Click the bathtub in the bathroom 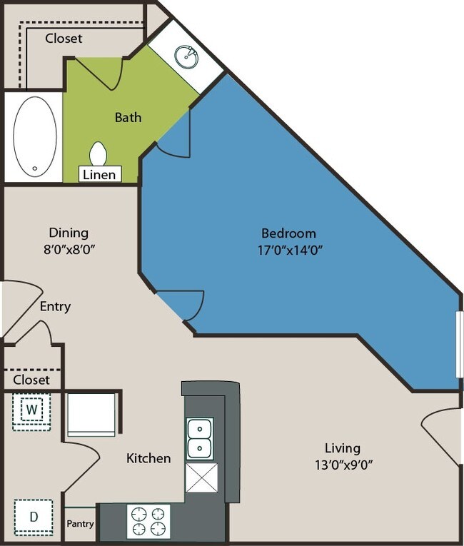point(34,136)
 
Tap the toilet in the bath point(99,154)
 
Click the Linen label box point(99,174)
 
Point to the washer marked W point(31,410)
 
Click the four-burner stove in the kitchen point(148,521)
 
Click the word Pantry point(80,524)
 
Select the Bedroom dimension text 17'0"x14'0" point(288,250)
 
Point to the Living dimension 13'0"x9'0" point(342,465)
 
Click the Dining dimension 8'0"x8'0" point(69,249)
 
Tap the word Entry point(55,307)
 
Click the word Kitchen point(148,458)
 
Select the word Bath point(128,117)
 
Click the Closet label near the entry point(31,380)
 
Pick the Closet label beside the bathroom point(64,39)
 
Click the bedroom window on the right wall point(459,344)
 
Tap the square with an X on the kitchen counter point(201,477)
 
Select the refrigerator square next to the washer point(91,414)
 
